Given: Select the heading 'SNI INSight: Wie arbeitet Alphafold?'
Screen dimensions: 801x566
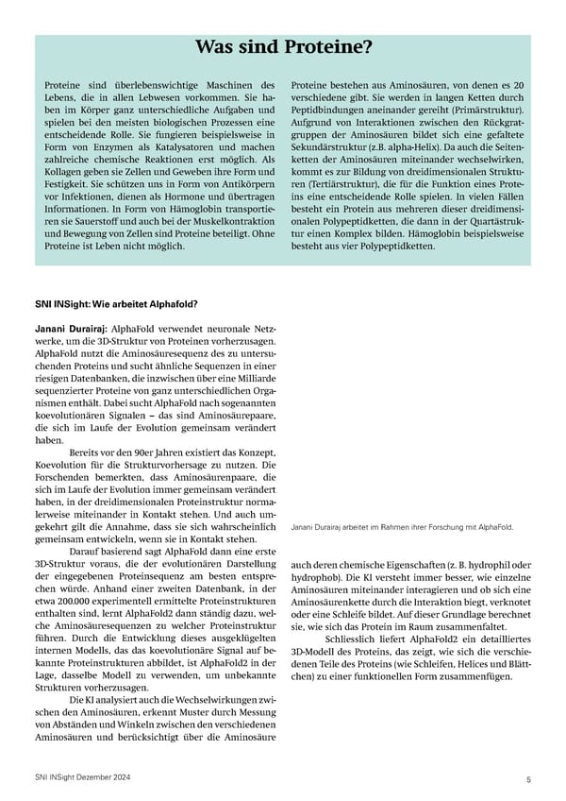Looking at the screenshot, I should point(115,303).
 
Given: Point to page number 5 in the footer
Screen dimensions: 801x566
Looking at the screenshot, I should point(529,778).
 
